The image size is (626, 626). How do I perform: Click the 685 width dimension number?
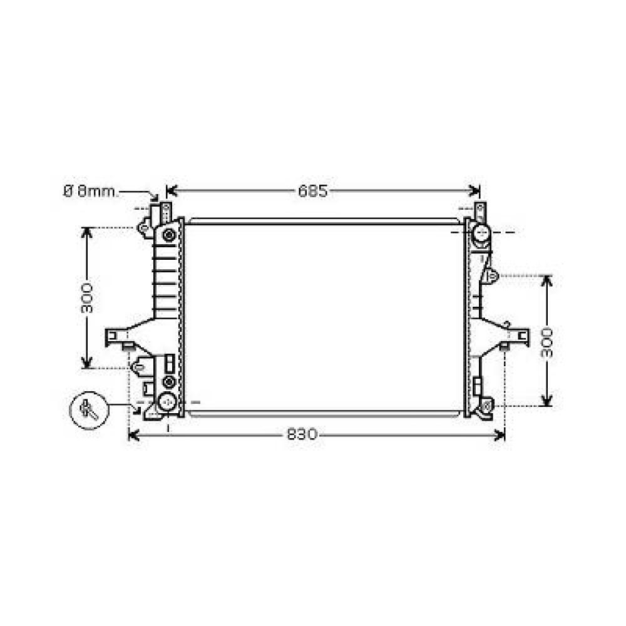coord(312,192)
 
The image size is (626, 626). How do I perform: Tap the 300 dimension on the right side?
coord(547,341)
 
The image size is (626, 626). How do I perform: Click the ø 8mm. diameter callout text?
coord(90,192)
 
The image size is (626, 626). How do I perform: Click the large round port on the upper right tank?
coord(481,233)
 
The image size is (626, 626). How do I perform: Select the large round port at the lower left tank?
coord(167,402)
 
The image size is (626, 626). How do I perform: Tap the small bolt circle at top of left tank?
coord(168,235)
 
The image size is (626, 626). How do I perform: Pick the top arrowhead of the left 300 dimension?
coord(87,230)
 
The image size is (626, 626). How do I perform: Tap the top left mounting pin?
coord(166,209)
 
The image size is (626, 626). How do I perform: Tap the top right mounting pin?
coord(480,209)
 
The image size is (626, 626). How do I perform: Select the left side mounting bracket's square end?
coord(112,336)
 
